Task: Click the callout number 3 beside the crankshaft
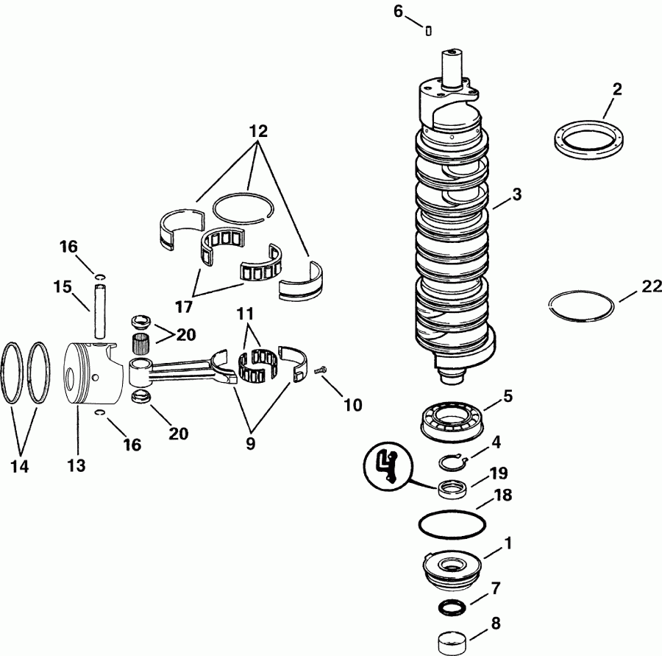517,195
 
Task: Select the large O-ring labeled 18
452,525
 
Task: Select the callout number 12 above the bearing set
257,133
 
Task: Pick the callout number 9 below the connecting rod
250,445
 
